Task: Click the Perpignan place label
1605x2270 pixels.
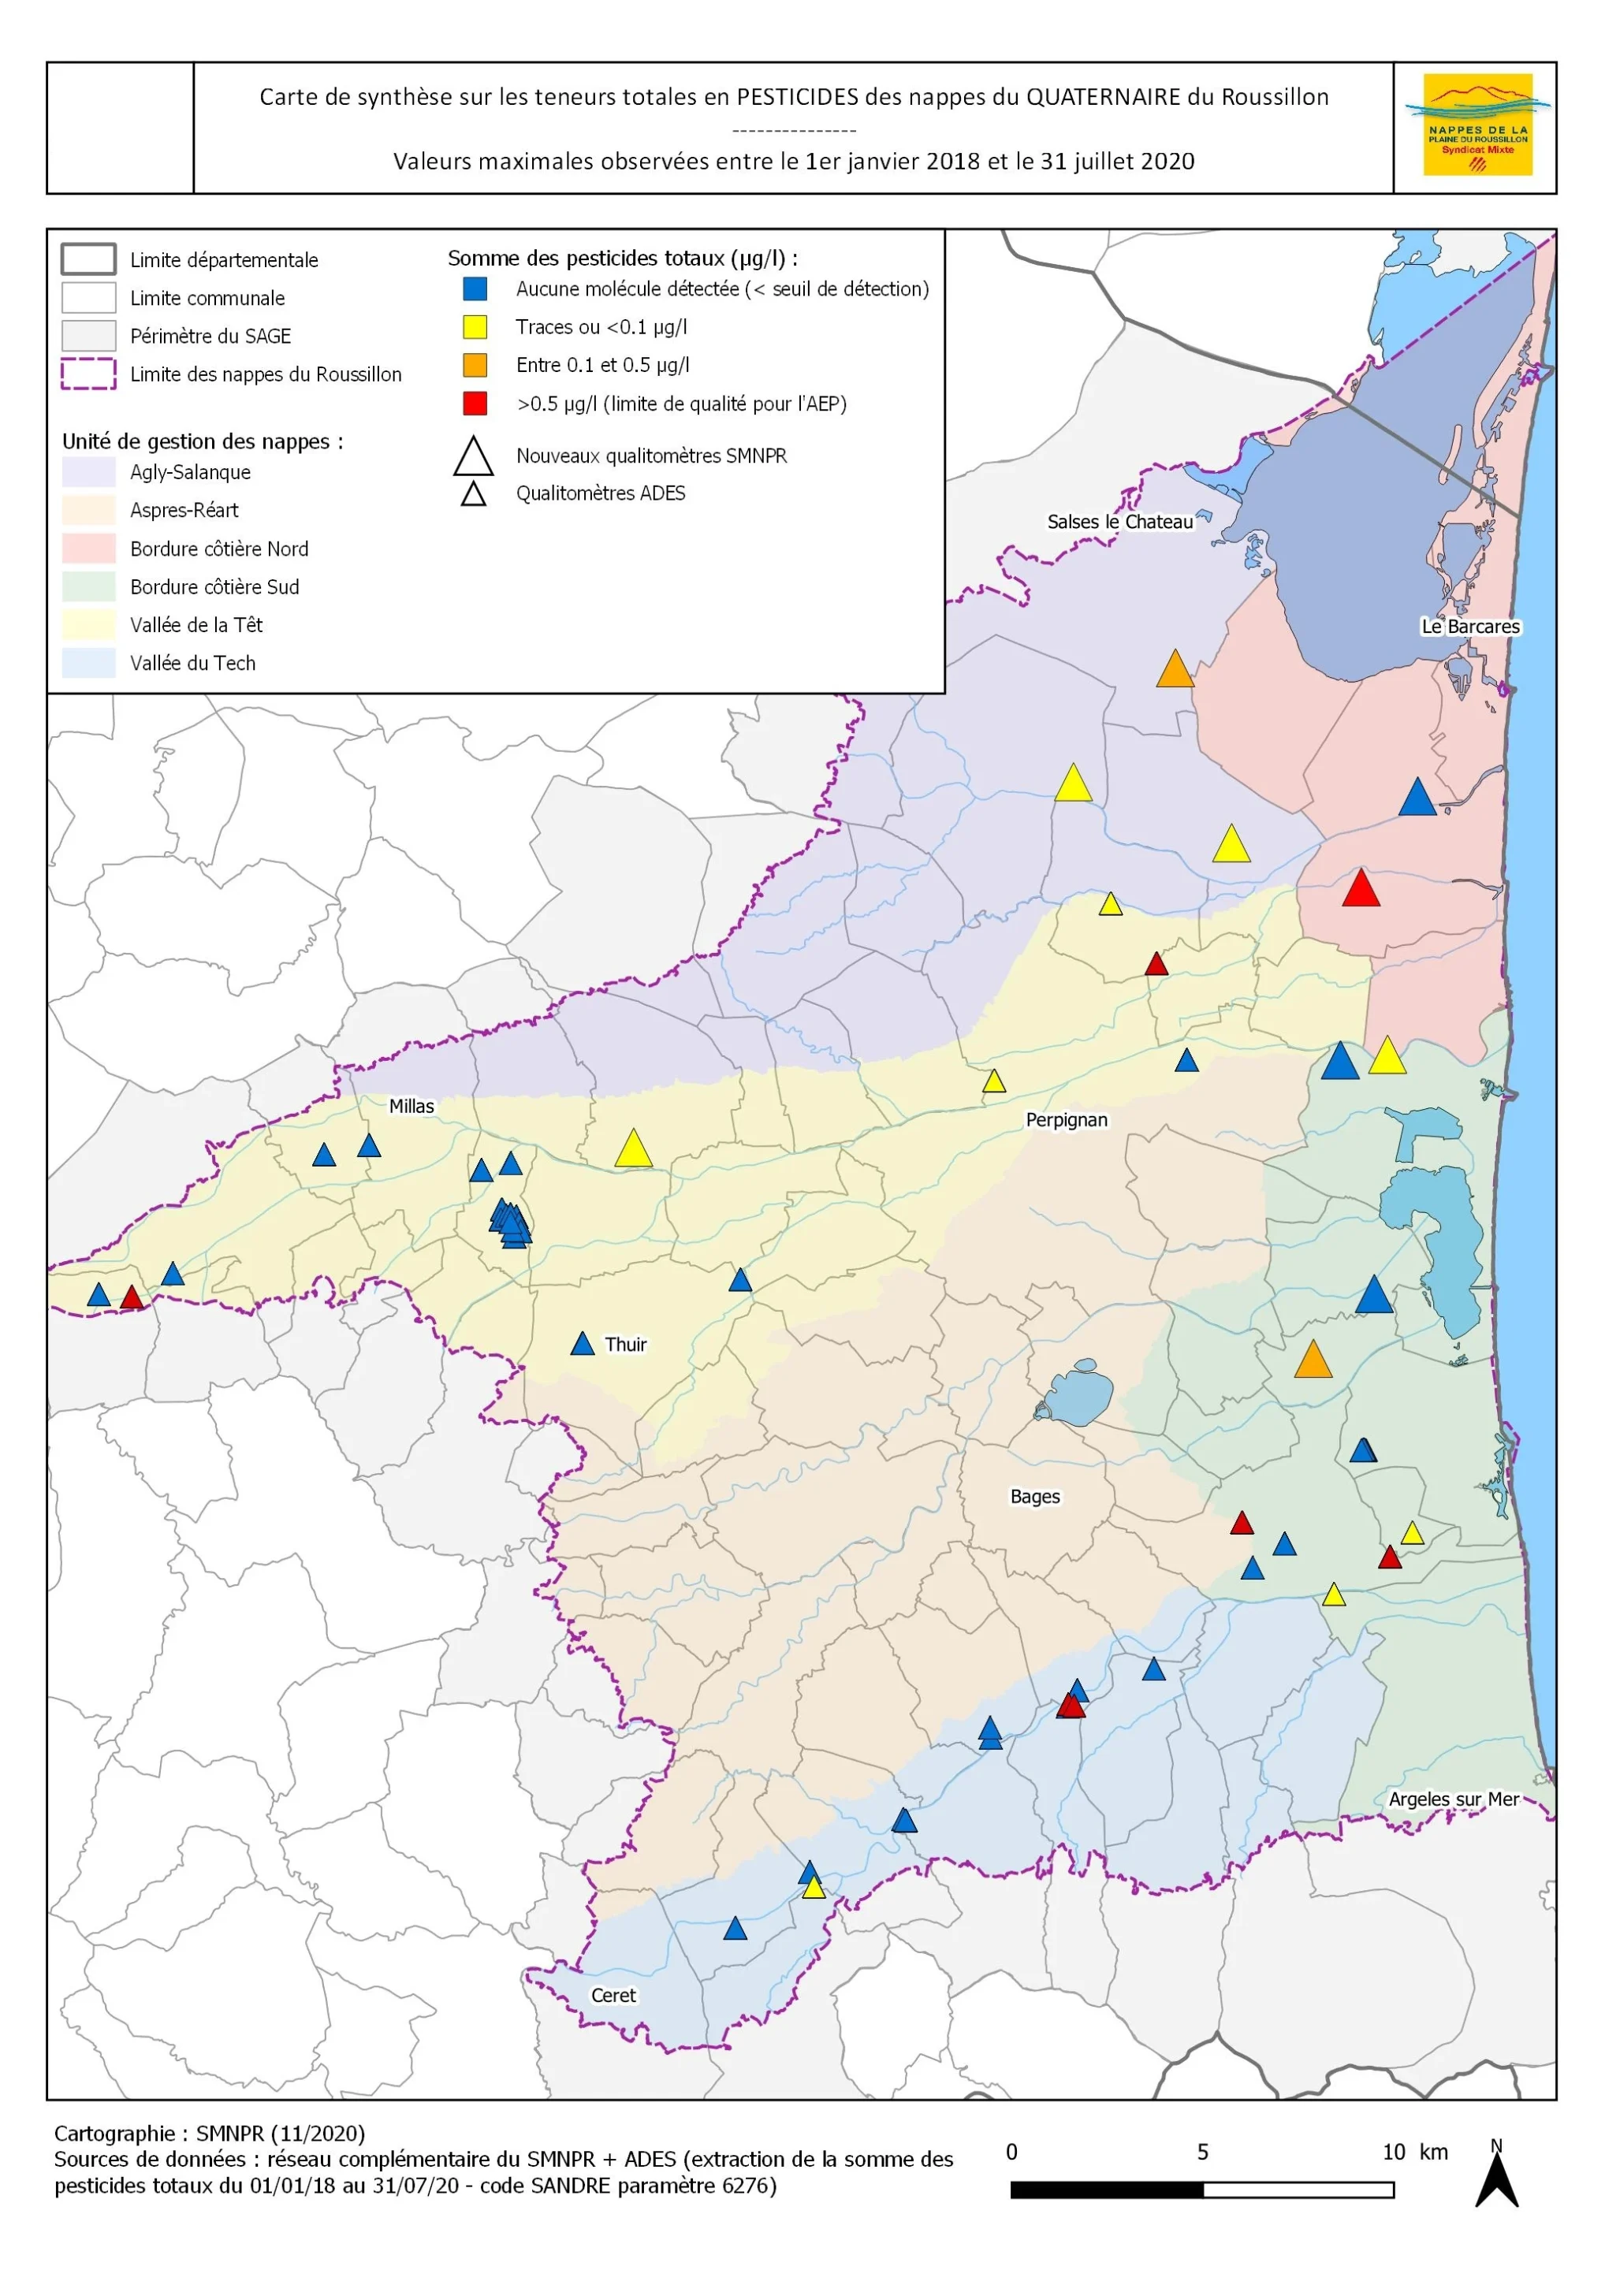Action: point(1066,1119)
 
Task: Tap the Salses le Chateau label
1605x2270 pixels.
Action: point(1119,521)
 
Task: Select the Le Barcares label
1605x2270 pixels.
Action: point(1469,626)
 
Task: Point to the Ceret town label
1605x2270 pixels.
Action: point(613,1995)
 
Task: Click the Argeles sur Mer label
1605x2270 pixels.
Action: point(1453,1799)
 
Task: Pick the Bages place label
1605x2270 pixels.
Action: point(1034,1497)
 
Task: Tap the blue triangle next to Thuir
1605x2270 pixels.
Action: point(583,1345)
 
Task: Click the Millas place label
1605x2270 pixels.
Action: point(411,1107)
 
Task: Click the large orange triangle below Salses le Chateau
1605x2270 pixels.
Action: point(1175,670)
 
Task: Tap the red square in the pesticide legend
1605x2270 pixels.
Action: point(475,404)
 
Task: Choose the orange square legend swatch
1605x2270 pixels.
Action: point(475,365)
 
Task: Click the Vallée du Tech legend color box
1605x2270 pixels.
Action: point(88,664)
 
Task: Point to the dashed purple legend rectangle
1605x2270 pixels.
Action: point(88,374)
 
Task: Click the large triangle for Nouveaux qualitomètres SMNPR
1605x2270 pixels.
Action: point(473,457)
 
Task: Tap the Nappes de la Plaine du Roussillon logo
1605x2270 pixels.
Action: point(1477,125)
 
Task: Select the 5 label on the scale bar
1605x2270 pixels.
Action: point(1202,2153)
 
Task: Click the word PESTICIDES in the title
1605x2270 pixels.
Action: point(797,97)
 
